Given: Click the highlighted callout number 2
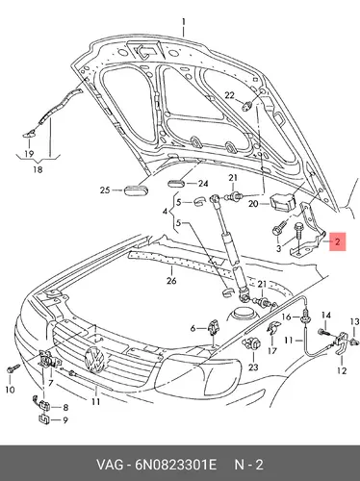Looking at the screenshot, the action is (x=337, y=241).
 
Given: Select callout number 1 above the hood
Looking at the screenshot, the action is (x=184, y=22).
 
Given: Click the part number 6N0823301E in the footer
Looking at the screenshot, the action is (x=176, y=465).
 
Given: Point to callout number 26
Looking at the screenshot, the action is (x=171, y=281).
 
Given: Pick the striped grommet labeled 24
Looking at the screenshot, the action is (x=176, y=184).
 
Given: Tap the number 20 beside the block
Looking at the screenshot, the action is (x=253, y=203).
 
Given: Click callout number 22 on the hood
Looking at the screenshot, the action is (x=229, y=95).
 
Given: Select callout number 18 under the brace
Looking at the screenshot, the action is (x=39, y=169).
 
